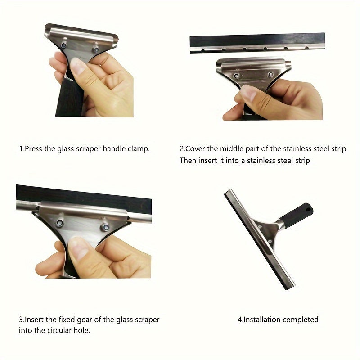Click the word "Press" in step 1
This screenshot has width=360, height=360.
(34, 149)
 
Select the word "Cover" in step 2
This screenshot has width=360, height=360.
(195, 149)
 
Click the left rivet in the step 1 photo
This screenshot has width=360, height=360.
(64, 45)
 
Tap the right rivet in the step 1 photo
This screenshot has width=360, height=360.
(96, 49)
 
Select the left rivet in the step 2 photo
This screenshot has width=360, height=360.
(236, 76)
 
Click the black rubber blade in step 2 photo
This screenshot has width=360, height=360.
(257, 40)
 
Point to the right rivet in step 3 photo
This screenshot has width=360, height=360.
(105, 227)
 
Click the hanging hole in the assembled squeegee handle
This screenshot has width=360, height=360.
(309, 210)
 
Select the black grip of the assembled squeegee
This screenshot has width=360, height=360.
(297, 215)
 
